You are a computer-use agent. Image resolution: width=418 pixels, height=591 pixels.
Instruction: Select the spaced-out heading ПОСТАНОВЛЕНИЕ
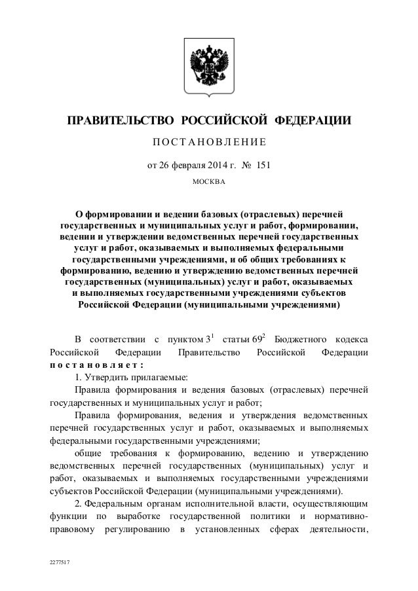208,142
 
